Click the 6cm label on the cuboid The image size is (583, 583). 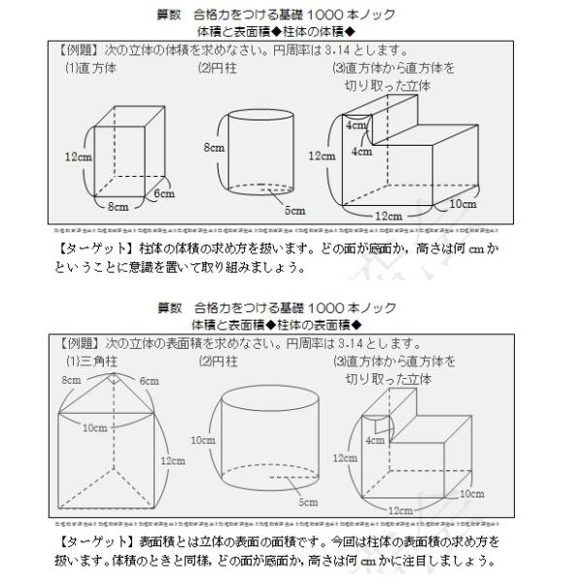pos(162,193)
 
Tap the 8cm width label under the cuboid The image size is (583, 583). pos(118,206)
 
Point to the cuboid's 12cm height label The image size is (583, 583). pos(77,154)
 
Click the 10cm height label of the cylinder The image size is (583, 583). pos(203,440)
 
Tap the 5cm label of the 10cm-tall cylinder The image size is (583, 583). pos(308,502)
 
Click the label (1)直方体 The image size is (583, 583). pos(90,68)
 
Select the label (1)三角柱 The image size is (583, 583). pos(90,361)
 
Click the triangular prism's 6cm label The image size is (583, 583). pos(147,382)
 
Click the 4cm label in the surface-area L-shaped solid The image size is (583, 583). pos(375,438)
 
